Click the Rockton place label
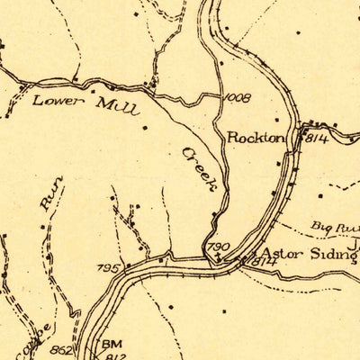point(256,138)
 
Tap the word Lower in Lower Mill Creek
point(53,101)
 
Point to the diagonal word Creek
point(202,168)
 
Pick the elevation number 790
point(219,246)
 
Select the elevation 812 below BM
point(112,354)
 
